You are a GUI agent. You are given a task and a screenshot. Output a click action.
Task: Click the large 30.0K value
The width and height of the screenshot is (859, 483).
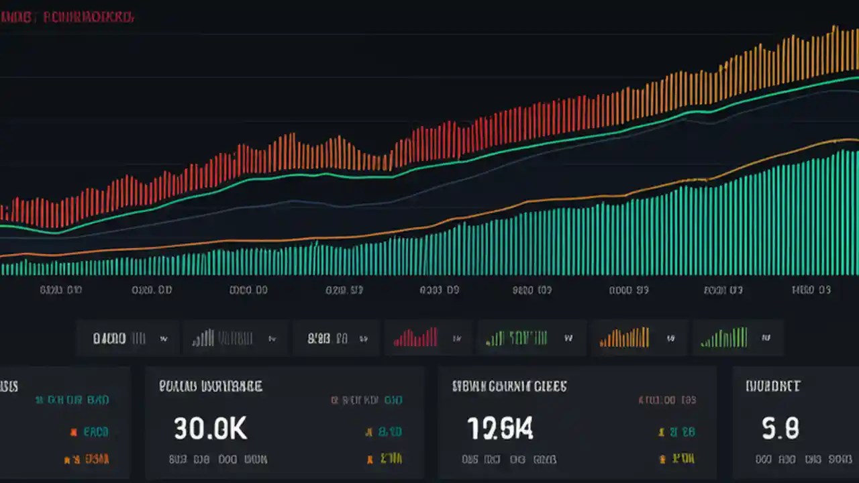pos(211,429)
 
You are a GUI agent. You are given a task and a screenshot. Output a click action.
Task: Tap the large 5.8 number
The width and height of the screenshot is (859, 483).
pos(780,428)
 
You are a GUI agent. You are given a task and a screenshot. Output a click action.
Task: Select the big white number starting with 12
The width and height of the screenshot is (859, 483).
pos(500,429)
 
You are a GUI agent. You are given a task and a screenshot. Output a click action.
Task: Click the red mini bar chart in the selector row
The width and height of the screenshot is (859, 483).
pos(415,337)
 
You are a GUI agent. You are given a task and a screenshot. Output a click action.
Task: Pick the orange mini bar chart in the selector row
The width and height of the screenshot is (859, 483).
pos(624,337)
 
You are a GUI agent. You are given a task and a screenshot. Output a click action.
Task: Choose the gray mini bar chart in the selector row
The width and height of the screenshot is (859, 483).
pos(203,337)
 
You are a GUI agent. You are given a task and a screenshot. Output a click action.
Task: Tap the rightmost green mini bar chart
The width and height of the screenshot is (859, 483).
pos(724,337)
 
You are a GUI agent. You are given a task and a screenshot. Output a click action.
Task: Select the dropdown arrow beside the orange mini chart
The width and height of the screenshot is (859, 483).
pos(670,339)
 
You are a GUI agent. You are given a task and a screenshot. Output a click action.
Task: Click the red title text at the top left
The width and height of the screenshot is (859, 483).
pos(87,18)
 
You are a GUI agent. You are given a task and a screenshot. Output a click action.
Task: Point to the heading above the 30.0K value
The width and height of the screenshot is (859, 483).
pos(210,386)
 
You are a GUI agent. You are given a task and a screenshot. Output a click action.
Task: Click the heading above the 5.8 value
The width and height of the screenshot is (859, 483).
pos(772,386)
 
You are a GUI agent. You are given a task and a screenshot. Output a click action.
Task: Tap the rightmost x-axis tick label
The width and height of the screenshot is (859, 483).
pos(811,290)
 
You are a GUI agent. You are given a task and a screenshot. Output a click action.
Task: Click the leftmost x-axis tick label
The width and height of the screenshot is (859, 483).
pos(60,290)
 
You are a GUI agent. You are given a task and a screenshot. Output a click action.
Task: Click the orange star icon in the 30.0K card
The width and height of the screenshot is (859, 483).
pos(368,431)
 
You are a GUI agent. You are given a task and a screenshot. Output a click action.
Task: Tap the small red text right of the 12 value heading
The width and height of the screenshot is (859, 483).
pos(667,400)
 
